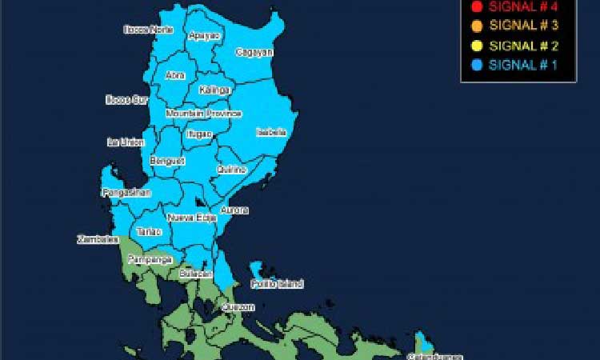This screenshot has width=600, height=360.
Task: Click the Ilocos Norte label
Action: point(149,30)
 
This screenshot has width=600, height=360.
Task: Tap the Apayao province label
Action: point(203,36)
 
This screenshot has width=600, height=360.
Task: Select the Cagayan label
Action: point(254,52)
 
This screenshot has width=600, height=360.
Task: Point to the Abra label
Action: point(175,75)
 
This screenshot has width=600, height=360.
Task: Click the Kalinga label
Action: point(215,90)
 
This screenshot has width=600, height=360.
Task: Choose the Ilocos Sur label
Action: point(127,100)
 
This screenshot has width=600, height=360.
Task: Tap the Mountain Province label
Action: point(203,114)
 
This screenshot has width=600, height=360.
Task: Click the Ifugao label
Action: point(199,134)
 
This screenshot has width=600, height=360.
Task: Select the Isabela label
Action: point(271,132)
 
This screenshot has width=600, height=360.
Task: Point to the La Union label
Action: point(126,142)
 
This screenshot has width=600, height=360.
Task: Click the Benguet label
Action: point(167,161)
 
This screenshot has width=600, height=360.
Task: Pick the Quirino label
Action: point(231,170)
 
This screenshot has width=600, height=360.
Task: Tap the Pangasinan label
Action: point(126,193)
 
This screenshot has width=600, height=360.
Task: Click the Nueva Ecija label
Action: point(192,218)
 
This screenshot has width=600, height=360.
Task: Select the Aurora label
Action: point(234,210)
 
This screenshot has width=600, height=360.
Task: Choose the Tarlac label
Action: point(149,232)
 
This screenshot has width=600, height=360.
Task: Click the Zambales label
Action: point(98,239)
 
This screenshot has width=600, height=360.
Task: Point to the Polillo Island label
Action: point(276,284)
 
